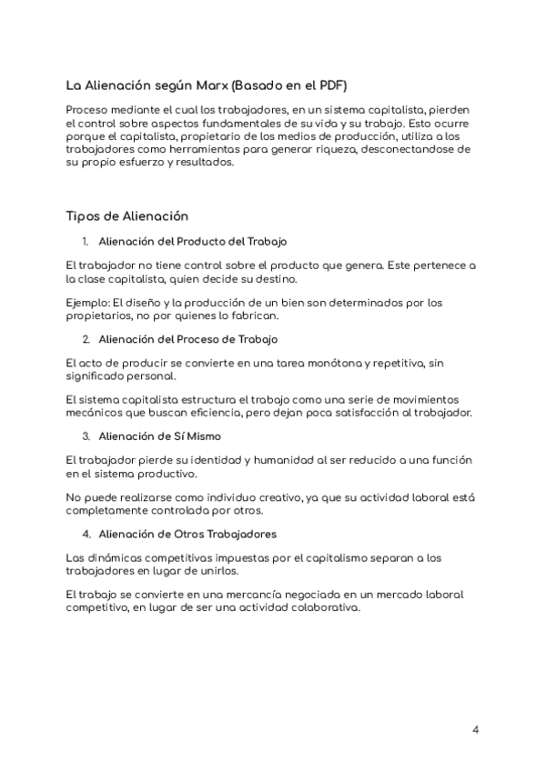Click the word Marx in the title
[211, 85]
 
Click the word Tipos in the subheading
[83, 216]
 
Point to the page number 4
[476, 730]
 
